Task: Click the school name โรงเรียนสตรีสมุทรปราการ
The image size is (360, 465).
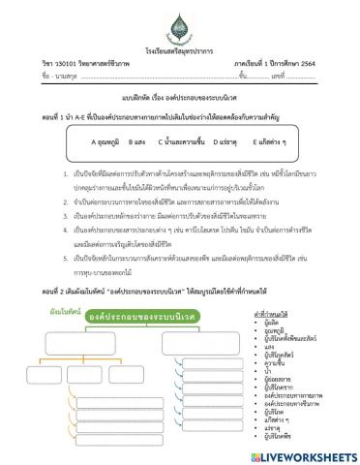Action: [x=179, y=49]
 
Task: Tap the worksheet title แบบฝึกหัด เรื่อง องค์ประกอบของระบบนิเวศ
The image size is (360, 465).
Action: [x=180, y=98]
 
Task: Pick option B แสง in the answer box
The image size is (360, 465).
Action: [x=137, y=140]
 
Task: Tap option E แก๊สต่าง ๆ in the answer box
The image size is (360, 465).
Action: [x=280, y=140]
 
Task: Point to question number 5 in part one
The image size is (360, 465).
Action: [x=65, y=249]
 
